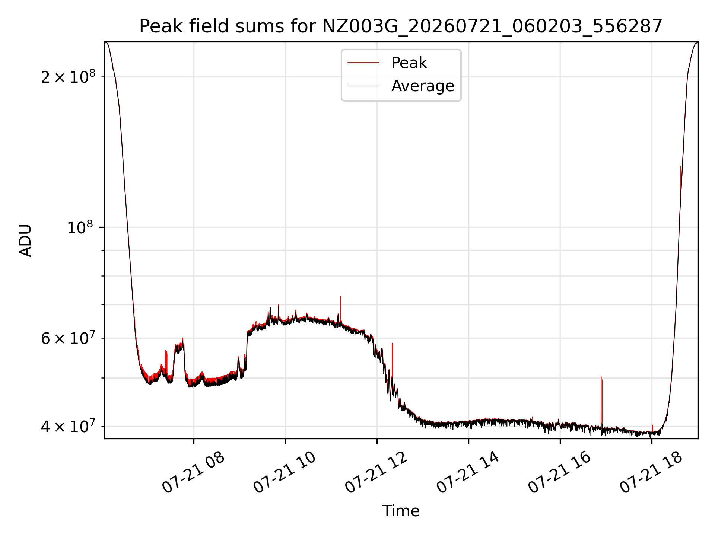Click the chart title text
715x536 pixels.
[401, 26]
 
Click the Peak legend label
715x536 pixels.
[409, 63]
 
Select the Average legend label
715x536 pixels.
[423, 86]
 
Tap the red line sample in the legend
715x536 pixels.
[363, 63]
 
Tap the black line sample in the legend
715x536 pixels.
[363, 86]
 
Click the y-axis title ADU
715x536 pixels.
[25, 240]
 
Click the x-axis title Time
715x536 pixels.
[401, 511]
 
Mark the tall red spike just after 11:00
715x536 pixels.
[340, 309]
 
